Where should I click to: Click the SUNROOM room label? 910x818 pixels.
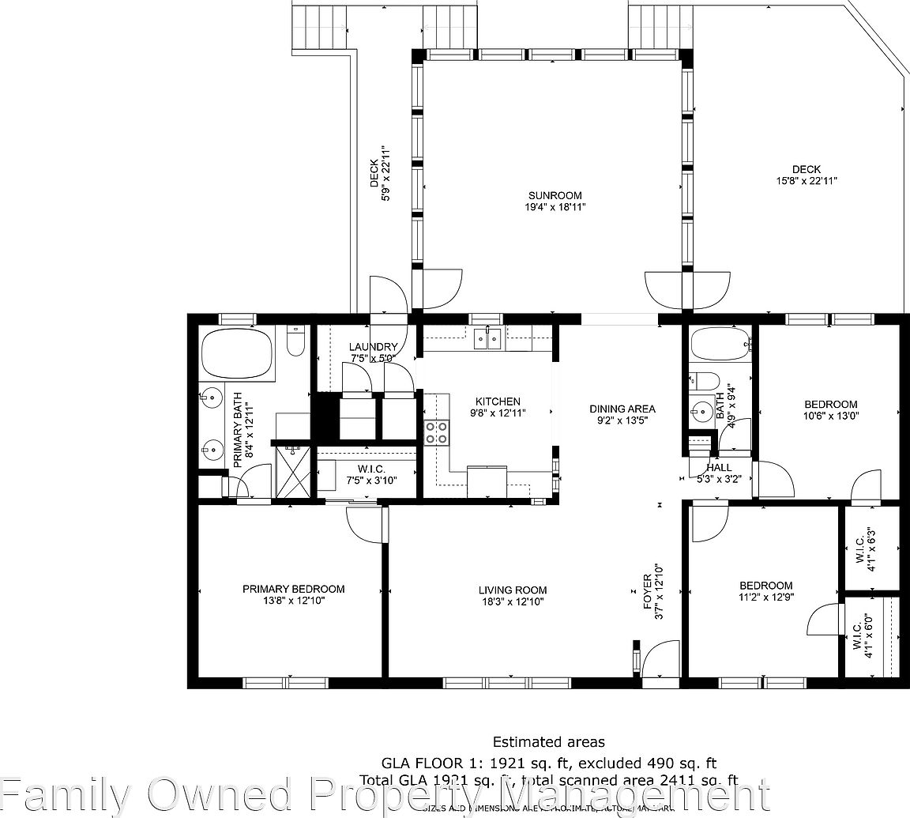click(x=555, y=195)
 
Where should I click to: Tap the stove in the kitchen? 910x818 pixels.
click(x=437, y=433)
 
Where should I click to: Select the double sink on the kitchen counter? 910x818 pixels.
click(x=487, y=339)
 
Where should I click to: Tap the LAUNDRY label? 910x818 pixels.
click(x=373, y=347)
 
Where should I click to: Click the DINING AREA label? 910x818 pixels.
click(x=622, y=409)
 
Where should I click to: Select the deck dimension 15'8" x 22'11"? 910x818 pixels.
click(x=807, y=181)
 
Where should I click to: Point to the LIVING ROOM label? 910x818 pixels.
click(x=513, y=590)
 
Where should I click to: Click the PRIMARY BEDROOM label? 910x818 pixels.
click(x=293, y=589)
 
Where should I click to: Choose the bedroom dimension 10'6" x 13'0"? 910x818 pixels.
click(x=830, y=416)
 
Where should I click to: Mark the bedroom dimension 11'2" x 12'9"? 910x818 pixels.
click(x=765, y=597)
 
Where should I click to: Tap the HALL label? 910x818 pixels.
click(x=720, y=467)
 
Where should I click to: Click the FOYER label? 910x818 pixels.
click(x=647, y=590)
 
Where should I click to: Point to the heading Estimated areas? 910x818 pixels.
click(x=548, y=742)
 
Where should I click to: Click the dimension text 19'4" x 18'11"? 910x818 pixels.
click(x=555, y=207)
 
